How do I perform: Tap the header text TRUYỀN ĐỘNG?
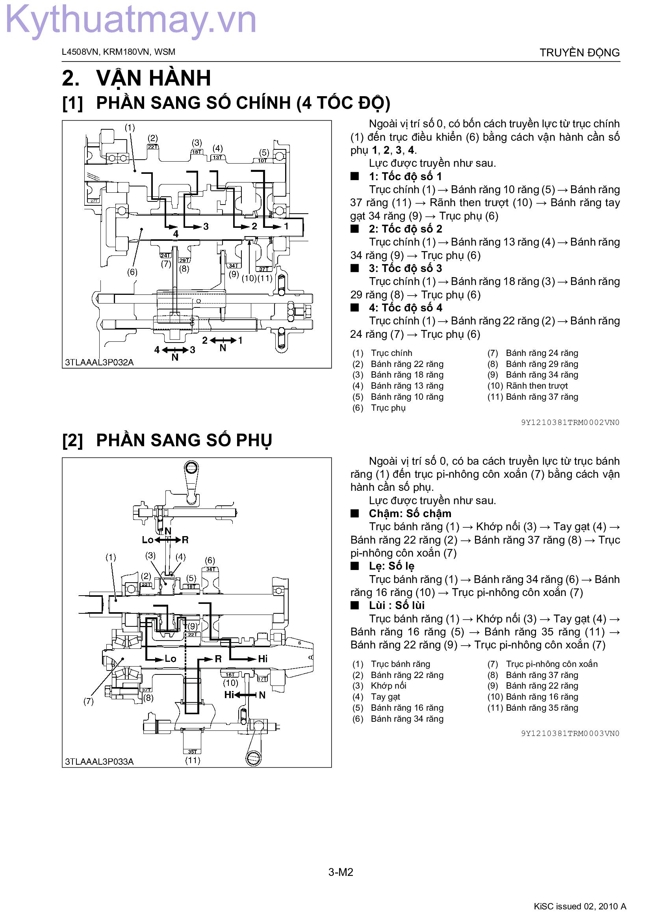tap(579, 52)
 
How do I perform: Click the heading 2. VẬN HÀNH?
tap(136, 78)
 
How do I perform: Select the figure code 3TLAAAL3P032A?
tap(99, 362)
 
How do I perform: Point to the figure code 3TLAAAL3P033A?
tap(99, 762)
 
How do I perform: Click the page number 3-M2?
tap(341, 872)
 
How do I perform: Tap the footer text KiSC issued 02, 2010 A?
tap(580, 906)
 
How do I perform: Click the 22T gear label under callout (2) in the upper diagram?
tap(153, 147)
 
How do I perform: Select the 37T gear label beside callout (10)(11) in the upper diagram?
tap(263, 269)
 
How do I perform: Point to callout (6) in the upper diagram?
tap(132, 272)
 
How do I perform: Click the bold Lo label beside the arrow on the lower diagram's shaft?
tap(171, 659)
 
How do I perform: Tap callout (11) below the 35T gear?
tap(193, 760)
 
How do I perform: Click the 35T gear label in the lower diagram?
tap(192, 752)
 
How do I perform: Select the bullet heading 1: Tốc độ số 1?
tap(405, 176)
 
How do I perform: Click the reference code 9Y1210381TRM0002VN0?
tap(570, 423)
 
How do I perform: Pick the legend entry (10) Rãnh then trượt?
tap(527, 386)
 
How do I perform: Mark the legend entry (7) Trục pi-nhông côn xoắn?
tap(542, 664)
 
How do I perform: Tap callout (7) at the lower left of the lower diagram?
tap(89, 701)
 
